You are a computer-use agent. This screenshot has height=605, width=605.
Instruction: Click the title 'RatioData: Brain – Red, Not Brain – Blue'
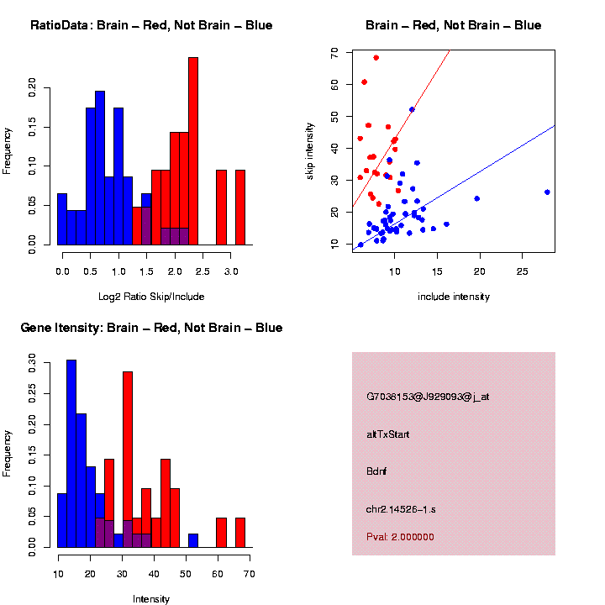(x=151, y=25)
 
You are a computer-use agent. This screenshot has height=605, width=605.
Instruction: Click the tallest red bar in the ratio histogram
(x=193, y=151)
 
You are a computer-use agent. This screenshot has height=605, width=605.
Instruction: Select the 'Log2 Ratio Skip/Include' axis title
(x=150, y=297)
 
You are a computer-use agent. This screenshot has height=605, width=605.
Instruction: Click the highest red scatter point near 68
(x=376, y=58)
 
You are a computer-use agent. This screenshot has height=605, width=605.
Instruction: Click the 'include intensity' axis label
(x=453, y=297)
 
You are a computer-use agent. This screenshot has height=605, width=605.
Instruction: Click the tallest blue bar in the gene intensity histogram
(x=71, y=454)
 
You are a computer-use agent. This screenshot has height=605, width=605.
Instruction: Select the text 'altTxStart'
(x=388, y=434)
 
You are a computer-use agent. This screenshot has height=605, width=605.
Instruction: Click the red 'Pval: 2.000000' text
(x=400, y=537)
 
